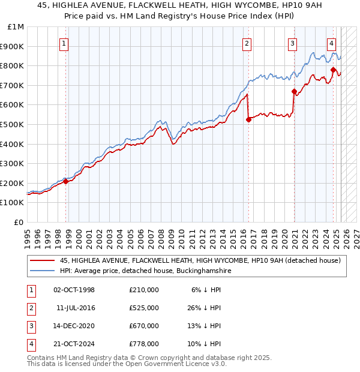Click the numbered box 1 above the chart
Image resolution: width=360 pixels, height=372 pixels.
64,43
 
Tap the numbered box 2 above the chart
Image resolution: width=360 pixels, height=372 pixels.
247,43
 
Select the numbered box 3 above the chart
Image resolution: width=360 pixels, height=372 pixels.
292,43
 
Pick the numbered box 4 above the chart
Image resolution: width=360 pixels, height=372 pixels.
332,43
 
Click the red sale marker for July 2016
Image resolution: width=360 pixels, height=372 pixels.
248,119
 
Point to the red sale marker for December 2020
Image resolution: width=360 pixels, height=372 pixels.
294,91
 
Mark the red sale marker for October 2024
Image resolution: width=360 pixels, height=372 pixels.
333,70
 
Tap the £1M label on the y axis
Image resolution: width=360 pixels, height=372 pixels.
16,26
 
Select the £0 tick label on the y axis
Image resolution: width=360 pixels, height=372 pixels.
18,222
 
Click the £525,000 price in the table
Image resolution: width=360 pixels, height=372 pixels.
143,307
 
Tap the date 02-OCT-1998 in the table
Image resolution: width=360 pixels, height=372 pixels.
74,289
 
